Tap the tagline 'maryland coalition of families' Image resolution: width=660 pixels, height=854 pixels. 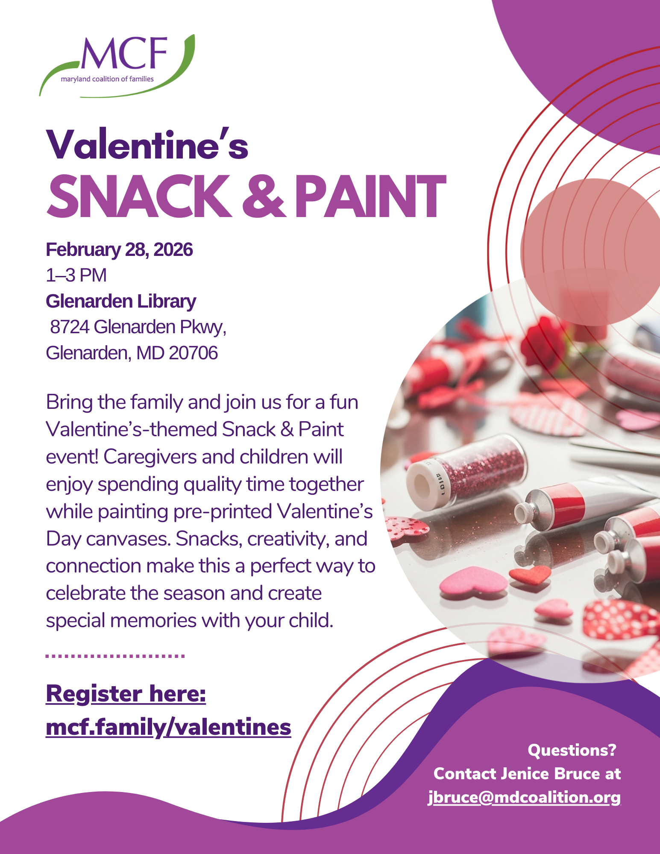pos(107,79)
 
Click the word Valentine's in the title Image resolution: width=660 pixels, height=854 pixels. pos(147,144)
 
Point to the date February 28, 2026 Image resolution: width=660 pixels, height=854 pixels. pos(119,250)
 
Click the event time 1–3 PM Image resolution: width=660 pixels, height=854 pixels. pos(76,276)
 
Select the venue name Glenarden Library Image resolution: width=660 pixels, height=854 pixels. pos(121,302)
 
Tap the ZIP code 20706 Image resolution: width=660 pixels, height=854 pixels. pos(193,353)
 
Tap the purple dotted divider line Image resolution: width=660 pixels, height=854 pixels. pos(115,656)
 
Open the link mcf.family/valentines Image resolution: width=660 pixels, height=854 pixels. pos(168,728)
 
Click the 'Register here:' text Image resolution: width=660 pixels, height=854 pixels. pos(126,694)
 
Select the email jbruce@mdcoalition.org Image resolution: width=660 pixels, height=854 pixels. pos(525,798)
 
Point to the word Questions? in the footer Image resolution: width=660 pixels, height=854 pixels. pos(572,750)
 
